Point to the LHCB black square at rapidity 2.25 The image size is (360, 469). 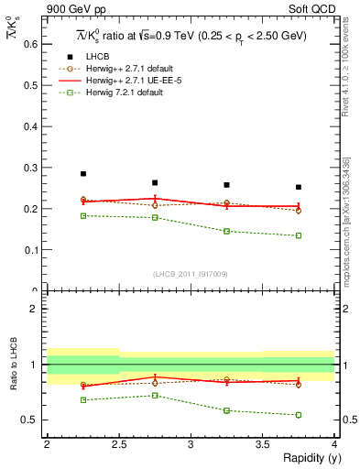pyautogui.click(x=82, y=173)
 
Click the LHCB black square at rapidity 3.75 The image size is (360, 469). pyautogui.click(x=299, y=187)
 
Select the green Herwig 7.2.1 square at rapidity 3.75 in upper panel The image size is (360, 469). pyautogui.click(x=299, y=235)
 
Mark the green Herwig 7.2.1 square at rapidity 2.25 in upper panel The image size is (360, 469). pyautogui.click(x=82, y=215)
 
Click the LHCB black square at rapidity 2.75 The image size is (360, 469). pyautogui.click(x=155, y=182)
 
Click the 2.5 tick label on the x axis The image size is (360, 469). pyautogui.click(x=118, y=444)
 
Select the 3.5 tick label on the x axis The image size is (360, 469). pyautogui.click(x=262, y=444)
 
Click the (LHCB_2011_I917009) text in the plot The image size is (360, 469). pyautogui.click(x=190, y=274)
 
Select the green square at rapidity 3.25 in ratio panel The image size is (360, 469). pyautogui.click(x=227, y=410)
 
